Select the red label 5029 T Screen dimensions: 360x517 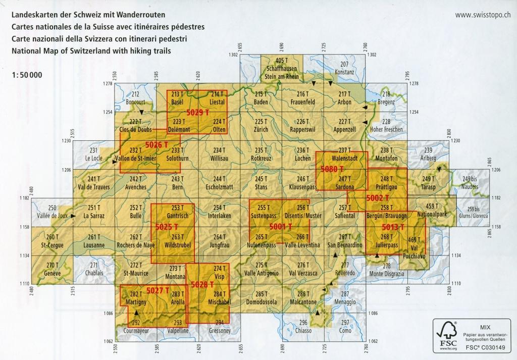197,112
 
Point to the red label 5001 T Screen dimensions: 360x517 281,227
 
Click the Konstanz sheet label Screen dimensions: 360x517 344,72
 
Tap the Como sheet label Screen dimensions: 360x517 345,330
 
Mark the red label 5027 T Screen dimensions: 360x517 158,290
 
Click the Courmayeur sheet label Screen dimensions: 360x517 135,331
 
